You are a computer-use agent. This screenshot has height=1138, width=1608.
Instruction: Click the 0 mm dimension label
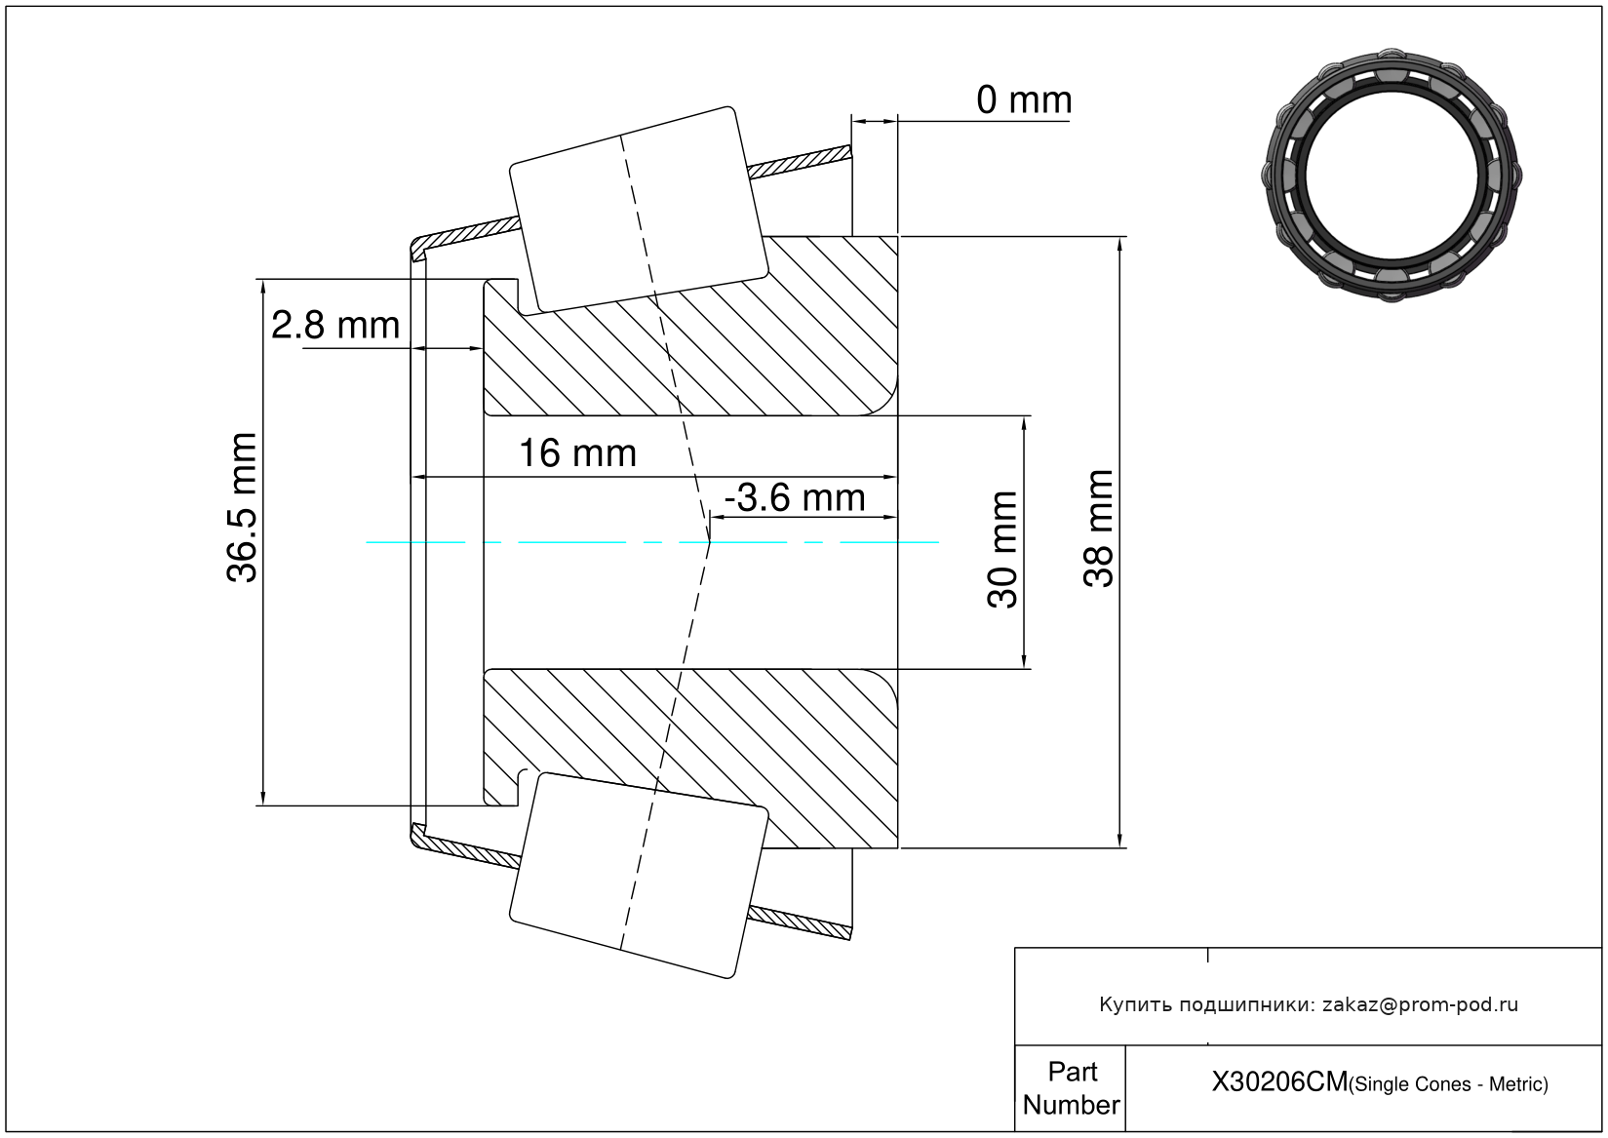pos(1023,100)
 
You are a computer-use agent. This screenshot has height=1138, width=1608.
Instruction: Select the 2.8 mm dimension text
pos(335,326)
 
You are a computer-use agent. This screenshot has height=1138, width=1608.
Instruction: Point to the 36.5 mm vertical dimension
pos(243,507)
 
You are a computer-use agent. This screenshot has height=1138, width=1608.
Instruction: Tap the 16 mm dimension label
pos(577,453)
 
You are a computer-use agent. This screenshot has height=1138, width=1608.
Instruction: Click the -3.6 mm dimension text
pos(795,498)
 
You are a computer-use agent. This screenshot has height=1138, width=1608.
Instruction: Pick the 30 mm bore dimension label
pos(1002,550)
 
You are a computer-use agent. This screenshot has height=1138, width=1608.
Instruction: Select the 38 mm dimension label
pos(1099,529)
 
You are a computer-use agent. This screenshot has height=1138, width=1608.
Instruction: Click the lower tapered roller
pos(639,875)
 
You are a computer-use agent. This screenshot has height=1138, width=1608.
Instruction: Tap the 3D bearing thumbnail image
pos(1392,174)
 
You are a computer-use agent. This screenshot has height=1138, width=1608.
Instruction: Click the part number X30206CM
pos(1278,1082)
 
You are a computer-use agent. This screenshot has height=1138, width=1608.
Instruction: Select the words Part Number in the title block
pos(1071,1088)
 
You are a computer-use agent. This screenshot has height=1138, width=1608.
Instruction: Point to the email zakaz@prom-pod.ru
pos(1420,1004)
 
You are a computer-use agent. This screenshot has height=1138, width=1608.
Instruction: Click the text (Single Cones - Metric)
pos(1449,1084)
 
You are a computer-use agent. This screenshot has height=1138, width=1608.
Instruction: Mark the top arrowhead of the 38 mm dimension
pos(1119,245)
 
